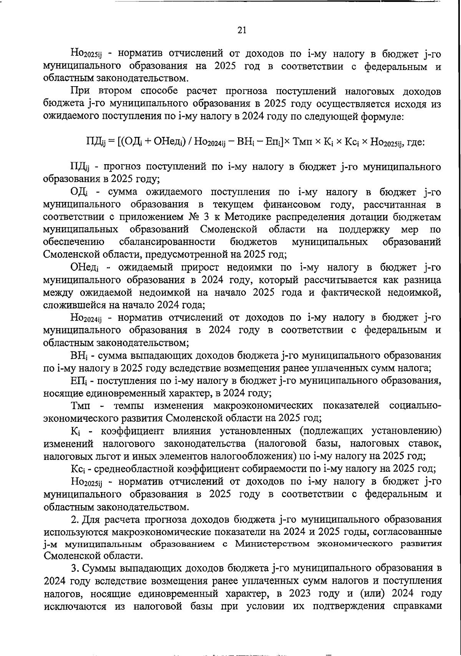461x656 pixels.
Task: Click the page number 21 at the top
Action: [242, 30]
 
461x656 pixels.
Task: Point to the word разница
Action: [420, 280]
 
